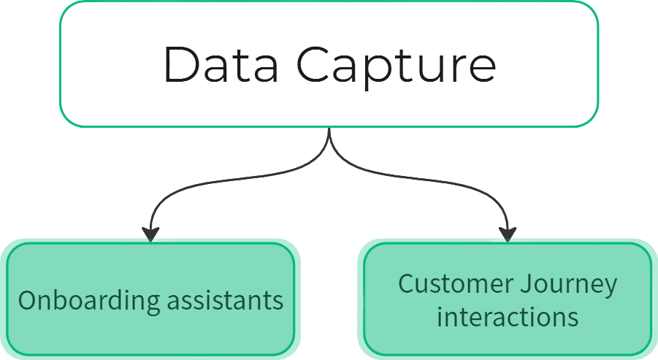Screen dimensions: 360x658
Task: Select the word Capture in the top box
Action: pos(397,66)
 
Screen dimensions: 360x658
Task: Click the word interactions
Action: pos(508,318)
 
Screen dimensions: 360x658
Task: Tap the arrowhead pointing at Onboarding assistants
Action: pos(150,233)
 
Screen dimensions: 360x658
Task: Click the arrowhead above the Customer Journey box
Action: pos(508,233)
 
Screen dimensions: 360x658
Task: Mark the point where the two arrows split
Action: pos(329,136)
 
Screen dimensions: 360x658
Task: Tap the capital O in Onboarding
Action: pos(26,300)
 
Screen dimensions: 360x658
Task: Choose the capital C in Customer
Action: pos(405,284)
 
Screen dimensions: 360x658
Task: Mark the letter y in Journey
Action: pos(611,288)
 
